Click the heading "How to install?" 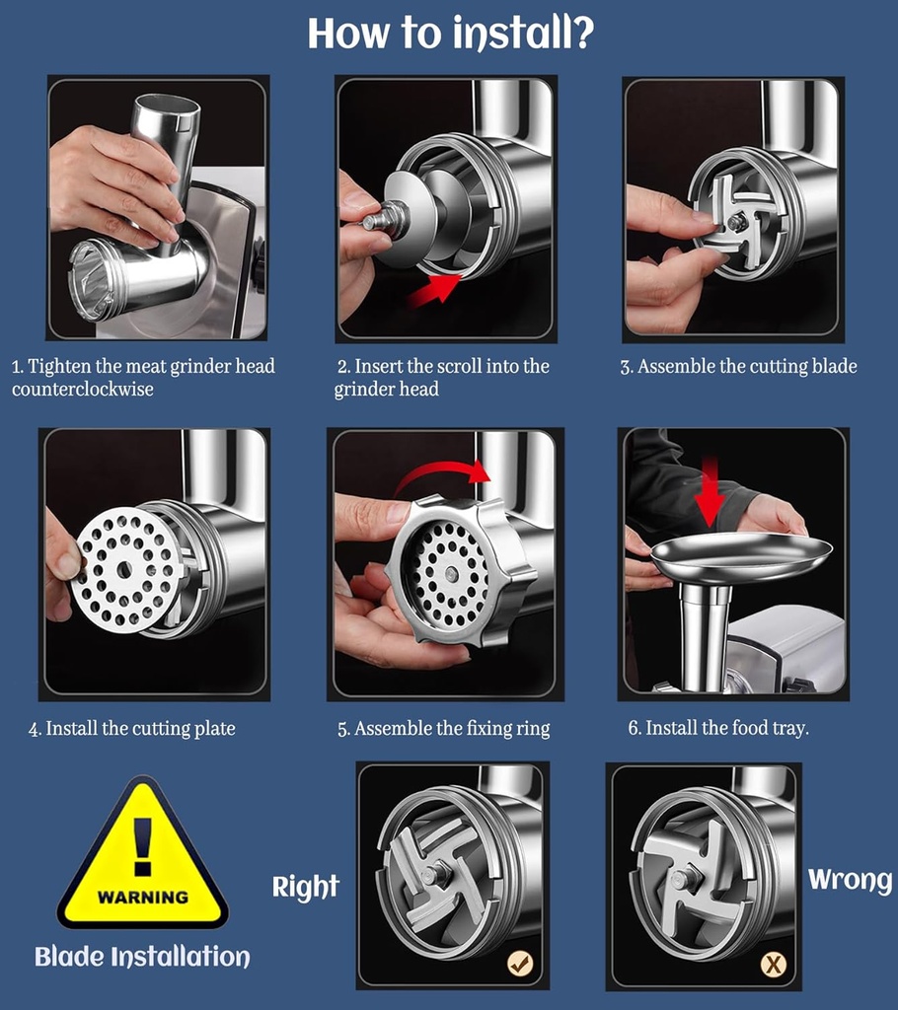click(450, 33)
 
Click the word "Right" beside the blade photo click(306, 887)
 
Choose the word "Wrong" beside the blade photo click(850, 879)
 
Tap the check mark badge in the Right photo click(520, 964)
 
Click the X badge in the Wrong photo click(773, 964)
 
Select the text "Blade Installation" click(142, 957)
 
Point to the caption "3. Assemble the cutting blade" click(738, 367)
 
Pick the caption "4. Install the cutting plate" click(132, 730)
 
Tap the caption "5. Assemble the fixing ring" click(444, 730)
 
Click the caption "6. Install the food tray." click(718, 729)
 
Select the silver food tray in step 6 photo click(740, 556)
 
